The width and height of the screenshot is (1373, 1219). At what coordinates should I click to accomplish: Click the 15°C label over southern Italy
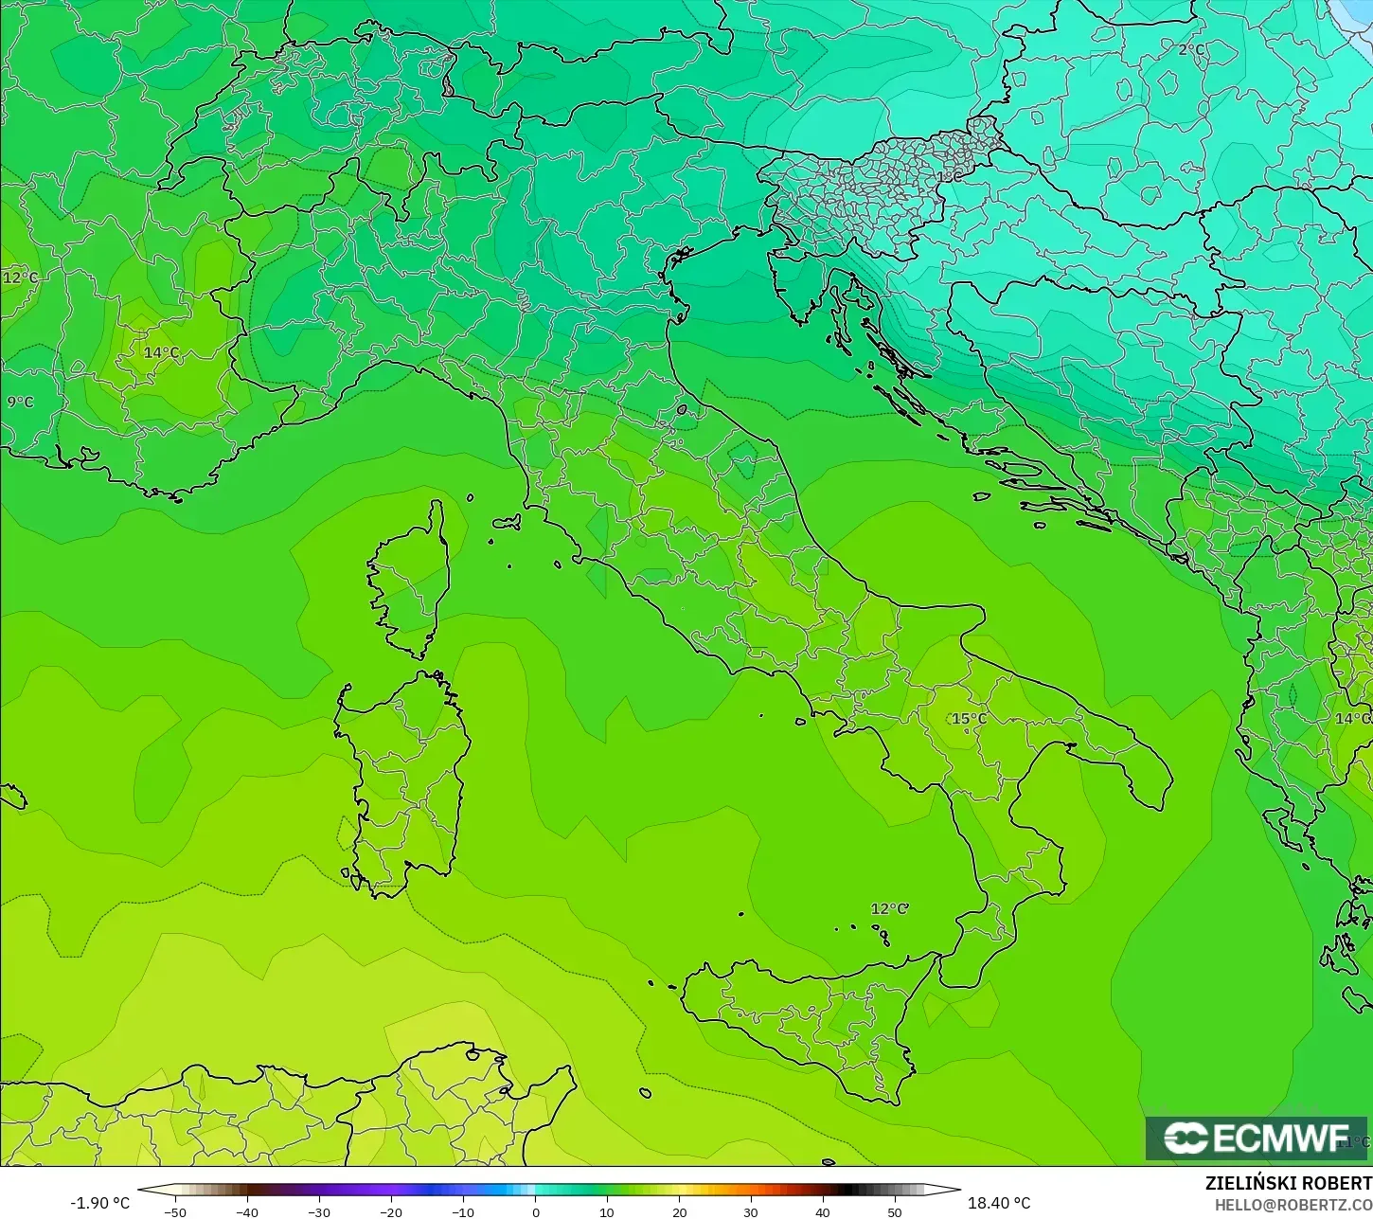(x=969, y=719)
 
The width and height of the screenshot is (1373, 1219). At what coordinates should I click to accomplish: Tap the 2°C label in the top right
(x=1191, y=49)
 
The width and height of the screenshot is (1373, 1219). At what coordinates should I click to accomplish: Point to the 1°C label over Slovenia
(x=948, y=176)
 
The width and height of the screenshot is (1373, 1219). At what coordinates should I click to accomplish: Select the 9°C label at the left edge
(x=20, y=402)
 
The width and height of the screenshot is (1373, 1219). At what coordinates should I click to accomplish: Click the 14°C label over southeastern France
(x=161, y=353)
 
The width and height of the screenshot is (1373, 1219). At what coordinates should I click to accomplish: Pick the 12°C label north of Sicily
(x=889, y=909)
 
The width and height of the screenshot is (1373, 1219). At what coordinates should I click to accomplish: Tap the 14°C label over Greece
(x=1351, y=719)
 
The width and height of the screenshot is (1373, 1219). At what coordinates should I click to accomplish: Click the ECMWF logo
(x=1256, y=1138)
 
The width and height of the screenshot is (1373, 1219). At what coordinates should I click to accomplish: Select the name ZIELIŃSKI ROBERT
(x=1288, y=1184)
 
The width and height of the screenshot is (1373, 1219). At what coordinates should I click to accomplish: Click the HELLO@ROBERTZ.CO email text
(x=1293, y=1204)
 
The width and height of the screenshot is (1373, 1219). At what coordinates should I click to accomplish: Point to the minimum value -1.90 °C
(x=99, y=1203)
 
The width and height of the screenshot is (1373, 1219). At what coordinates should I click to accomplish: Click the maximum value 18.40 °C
(x=999, y=1203)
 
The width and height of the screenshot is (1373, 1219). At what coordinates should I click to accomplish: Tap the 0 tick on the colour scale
(x=535, y=1211)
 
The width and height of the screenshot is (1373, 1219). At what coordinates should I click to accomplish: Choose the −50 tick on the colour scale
(x=175, y=1211)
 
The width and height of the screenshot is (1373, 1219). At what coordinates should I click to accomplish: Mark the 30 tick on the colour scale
(x=751, y=1211)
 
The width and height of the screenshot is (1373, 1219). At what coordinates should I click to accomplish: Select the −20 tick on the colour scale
(x=391, y=1211)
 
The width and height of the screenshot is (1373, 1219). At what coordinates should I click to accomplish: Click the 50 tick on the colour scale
(x=895, y=1211)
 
